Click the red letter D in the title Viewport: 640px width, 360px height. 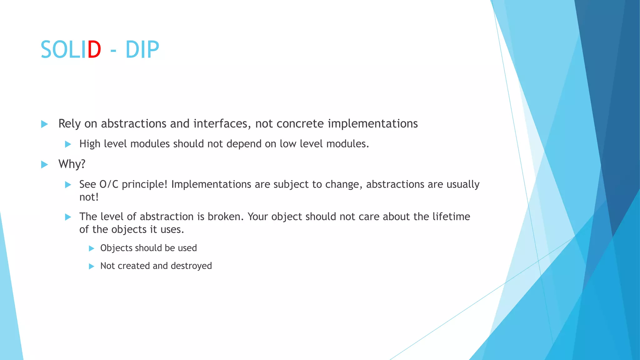pyautogui.click(x=94, y=50)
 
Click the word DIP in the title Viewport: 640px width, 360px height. pyautogui.click(x=142, y=50)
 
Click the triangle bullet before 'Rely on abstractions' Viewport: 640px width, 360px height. pyautogui.click(x=44, y=124)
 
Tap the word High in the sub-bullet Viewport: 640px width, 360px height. pyautogui.click(x=89, y=144)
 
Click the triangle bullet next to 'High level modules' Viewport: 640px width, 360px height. pyautogui.click(x=68, y=144)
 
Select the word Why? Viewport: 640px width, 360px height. pyautogui.click(x=72, y=164)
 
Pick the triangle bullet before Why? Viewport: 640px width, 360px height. pyautogui.click(x=44, y=165)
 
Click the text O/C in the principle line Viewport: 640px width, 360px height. pyautogui.click(x=109, y=184)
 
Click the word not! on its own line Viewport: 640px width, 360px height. pyautogui.click(x=89, y=197)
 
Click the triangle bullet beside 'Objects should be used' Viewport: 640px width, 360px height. pyautogui.click(x=91, y=248)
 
